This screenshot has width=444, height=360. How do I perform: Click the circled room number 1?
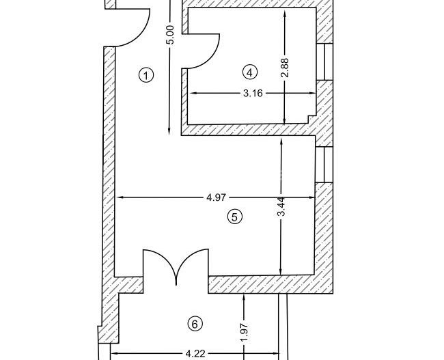(145, 75)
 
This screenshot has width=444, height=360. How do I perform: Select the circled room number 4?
(249, 72)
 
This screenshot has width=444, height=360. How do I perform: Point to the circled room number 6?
(195, 324)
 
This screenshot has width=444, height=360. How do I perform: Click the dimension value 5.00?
(171, 35)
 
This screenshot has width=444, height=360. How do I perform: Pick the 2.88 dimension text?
(286, 67)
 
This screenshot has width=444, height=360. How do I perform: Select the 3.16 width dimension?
(253, 93)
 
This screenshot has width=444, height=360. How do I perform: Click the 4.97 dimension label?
(216, 198)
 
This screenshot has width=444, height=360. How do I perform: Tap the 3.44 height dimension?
(281, 206)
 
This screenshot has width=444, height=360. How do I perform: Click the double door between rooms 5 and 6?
(176, 266)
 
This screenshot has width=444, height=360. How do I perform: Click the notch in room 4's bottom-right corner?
(312, 120)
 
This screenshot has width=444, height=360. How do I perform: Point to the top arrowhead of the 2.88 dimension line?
(285, 15)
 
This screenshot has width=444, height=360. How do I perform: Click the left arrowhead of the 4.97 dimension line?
(120, 198)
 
